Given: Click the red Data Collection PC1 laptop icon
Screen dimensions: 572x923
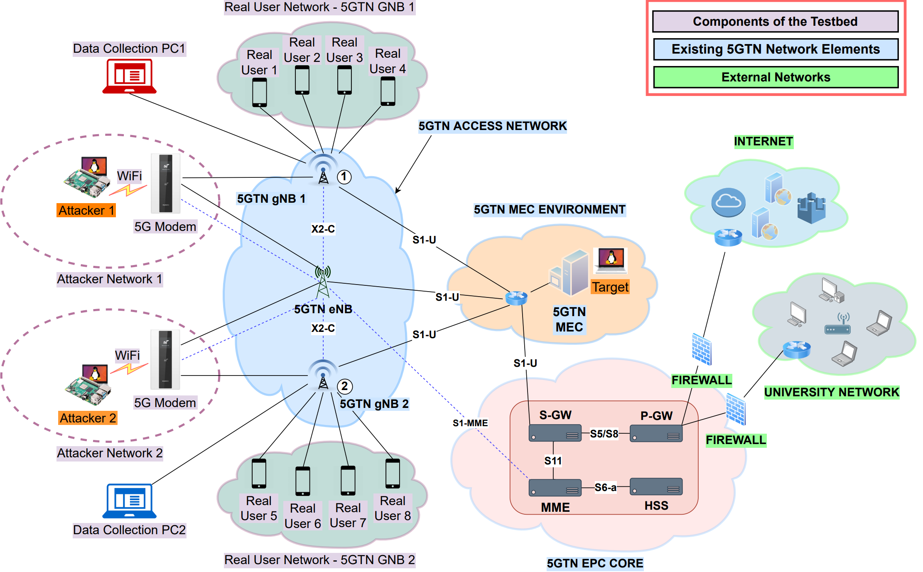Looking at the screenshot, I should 129,76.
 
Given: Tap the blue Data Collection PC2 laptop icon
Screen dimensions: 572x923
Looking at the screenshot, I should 129,501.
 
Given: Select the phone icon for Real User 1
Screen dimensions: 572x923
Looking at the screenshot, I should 260,93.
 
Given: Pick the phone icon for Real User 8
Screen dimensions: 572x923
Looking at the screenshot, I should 393,474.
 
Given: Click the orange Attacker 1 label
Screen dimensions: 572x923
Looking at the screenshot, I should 86,210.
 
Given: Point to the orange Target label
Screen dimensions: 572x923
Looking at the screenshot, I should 610,287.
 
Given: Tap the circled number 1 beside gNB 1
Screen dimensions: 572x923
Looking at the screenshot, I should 344,177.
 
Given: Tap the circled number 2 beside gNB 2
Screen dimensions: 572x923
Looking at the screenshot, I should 344,386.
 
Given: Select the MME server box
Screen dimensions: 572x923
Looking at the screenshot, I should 555,488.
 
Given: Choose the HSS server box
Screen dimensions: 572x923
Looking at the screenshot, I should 656,487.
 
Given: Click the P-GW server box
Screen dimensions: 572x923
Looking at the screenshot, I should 656,434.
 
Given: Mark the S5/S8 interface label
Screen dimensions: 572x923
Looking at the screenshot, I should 604,434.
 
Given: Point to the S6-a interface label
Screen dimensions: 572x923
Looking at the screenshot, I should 605,487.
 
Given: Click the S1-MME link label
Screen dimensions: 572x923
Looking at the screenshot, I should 470,423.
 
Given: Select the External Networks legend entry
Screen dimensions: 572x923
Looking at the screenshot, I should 776,77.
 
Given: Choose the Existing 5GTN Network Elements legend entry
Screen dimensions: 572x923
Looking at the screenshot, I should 776,49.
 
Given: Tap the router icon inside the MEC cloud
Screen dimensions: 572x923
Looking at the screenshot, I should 516,298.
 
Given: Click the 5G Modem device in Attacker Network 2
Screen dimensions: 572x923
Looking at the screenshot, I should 165,360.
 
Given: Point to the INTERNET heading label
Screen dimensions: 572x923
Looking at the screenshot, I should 763,142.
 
